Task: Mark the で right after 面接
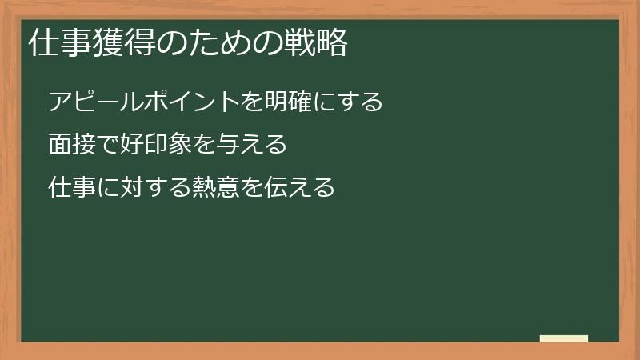pos(109,145)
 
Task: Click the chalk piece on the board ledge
pos(564,338)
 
